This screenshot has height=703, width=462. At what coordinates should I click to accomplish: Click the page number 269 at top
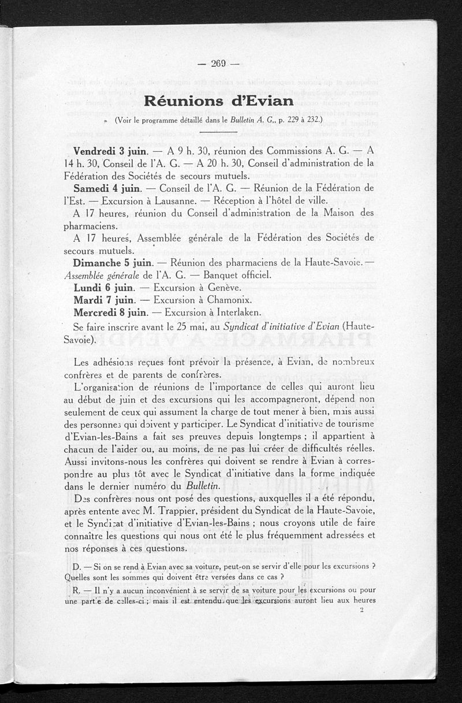(217, 64)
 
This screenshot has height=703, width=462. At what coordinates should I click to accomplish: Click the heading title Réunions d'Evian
(219, 100)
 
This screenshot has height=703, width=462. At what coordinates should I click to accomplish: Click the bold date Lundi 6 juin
(104, 287)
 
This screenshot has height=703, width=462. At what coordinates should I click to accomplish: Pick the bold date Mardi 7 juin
(104, 300)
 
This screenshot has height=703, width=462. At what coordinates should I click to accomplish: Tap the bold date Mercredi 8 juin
(110, 313)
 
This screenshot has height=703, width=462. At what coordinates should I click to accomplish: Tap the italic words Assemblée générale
(102, 276)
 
